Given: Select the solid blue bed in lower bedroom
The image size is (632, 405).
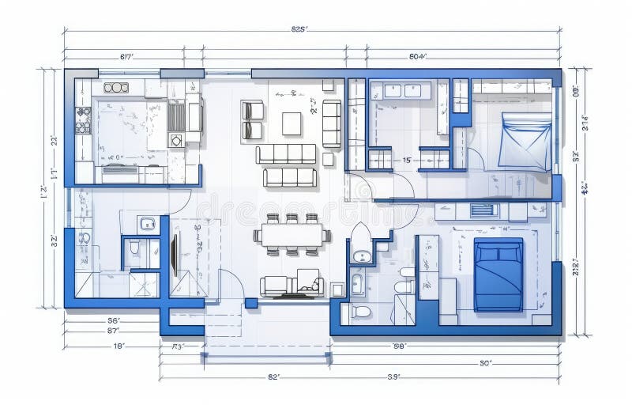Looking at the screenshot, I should point(498,274).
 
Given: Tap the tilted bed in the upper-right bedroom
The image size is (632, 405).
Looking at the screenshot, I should point(525,141).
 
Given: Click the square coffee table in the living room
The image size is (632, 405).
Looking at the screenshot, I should point(292,123).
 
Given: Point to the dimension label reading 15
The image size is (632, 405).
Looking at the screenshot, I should point(407,160).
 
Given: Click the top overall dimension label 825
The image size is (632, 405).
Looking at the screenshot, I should point(299,29).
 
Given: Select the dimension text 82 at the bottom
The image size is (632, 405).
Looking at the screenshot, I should point(273,377).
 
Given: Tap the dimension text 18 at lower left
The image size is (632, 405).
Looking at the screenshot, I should point(118,346).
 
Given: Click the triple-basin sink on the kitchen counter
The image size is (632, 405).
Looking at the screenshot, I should point(116,87).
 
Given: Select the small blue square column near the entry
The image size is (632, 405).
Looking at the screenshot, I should point(251,303).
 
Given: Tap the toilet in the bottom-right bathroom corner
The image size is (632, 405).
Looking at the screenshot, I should point(361,312).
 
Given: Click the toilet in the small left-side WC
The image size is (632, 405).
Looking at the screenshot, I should point(134,248).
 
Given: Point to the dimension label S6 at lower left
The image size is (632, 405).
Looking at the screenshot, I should point(114,320).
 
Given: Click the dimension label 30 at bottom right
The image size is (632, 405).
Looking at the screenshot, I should point(486,363).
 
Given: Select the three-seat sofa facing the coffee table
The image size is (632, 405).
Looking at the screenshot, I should point(285,153).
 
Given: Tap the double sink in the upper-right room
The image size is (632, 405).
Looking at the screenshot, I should point(402,90).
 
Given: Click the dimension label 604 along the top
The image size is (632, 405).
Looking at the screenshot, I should point(418,56).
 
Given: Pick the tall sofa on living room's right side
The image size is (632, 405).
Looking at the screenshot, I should point(332,123).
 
